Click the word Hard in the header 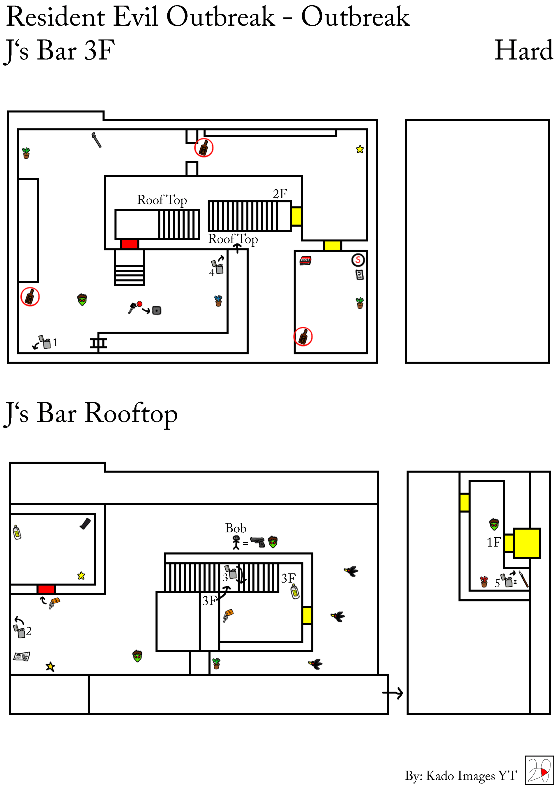pyautogui.click(x=523, y=51)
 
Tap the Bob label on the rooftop pyautogui.click(x=236, y=528)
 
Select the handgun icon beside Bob pyautogui.click(x=257, y=542)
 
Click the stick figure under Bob pyautogui.click(x=236, y=543)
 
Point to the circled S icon pyautogui.click(x=358, y=260)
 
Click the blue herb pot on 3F pyautogui.click(x=218, y=301)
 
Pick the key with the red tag pyautogui.click(x=135, y=306)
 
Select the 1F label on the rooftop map pyautogui.click(x=493, y=543)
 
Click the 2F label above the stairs pyautogui.click(x=280, y=194)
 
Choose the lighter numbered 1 pyautogui.click(x=45, y=342)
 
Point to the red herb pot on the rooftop pyautogui.click(x=484, y=582)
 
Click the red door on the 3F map pyautogui.click(x=130, y=244)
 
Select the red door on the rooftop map pyautogui.click(x=46, y=589)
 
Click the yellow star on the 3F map pyautogui.click(x=360, y=149)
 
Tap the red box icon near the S pyautogui.click(x=305, y=260)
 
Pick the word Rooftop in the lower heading pyautogui.click(x=131, y=414)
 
